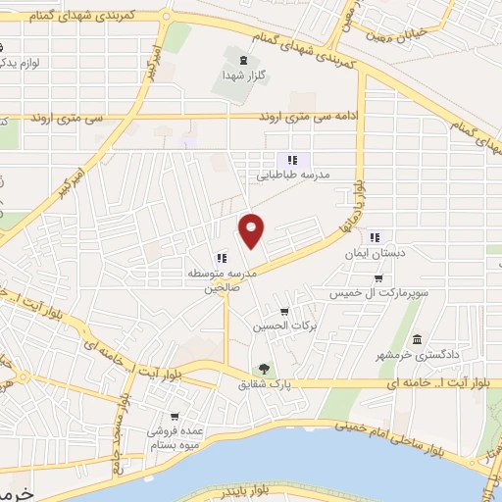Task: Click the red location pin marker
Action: (252, 229)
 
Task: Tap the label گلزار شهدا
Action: (246, 75)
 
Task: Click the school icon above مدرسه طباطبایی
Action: (291, 160)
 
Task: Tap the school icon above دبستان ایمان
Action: (374, 236)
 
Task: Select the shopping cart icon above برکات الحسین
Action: (284, 312)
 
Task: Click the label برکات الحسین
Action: (276, 326)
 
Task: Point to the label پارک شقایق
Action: (266, 383)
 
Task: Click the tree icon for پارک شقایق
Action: (263, 369)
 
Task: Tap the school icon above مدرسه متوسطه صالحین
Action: (221, 257)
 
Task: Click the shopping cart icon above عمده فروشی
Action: (175, 416)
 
